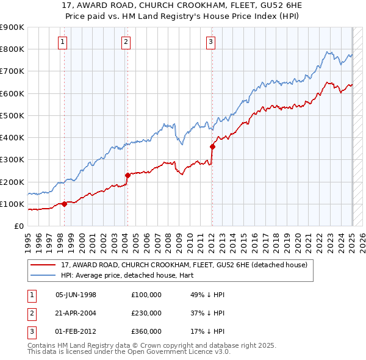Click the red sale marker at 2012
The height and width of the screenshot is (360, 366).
coord(213,146)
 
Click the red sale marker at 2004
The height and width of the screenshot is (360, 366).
coord(127,175)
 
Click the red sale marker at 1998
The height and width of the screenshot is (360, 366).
coord(64,204)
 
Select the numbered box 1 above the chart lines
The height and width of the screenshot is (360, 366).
coord(63,42)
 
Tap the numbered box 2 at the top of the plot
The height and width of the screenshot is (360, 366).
coord(125,42)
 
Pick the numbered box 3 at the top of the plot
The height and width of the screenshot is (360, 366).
coord(210,42)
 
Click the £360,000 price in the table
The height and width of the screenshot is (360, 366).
coord(146,331)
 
